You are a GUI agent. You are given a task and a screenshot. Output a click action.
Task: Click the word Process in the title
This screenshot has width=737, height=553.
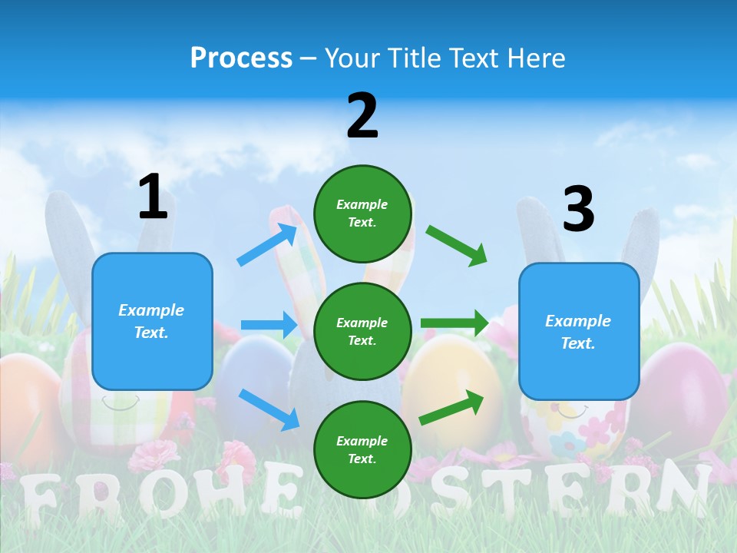241,58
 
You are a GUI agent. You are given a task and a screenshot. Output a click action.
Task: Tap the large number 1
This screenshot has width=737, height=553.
153,197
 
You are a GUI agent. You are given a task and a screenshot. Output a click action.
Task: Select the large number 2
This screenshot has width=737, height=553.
362,116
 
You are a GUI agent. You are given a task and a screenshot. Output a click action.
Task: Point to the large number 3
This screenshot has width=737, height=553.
578,210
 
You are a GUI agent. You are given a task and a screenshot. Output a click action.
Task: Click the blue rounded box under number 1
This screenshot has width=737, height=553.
152,321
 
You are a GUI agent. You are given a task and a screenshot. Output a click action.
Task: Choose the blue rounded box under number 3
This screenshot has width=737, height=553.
579,331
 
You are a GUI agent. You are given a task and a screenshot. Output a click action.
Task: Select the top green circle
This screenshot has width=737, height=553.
362,214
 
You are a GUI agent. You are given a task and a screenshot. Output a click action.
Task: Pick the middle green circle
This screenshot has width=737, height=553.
362,331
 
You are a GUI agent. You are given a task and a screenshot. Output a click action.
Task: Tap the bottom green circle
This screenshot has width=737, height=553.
362,449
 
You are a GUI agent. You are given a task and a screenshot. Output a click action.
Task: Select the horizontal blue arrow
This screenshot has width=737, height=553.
269,325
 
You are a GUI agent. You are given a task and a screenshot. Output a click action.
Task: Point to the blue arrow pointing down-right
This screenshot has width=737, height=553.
269,409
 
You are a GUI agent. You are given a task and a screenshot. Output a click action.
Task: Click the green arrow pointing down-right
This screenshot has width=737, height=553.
457,245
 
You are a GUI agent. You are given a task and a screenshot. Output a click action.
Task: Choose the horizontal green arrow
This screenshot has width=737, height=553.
454,323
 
